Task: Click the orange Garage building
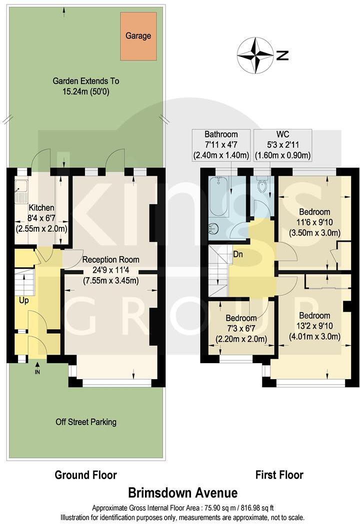[138, 36]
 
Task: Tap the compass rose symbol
[255, 54]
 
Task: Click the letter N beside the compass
[283, 55]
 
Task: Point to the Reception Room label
[110, 260]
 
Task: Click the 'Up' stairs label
[24, 301]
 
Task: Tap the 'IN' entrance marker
[37, 372]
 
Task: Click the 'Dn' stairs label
[238, 253]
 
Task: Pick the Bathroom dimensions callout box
[221, 145]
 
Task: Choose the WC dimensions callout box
[282, 145]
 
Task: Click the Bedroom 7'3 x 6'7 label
[241, 318]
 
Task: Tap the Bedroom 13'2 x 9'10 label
[314, 316]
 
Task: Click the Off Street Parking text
[86, 422]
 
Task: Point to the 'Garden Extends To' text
[87, 81]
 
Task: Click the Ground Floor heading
[85, 475]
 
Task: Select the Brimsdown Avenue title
[182, 493]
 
